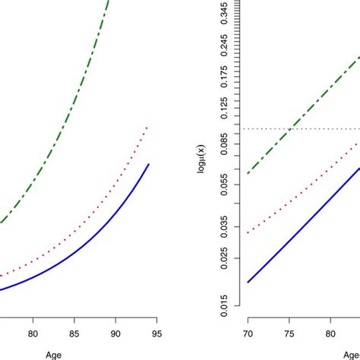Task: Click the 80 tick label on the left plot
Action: click(33, 332)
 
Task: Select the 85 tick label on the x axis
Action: click(74, 332)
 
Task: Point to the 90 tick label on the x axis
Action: click(115, 332)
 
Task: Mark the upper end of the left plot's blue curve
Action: click(147, 163)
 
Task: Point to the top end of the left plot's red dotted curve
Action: click(147, 127)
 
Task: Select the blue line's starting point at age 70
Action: click(248, 282)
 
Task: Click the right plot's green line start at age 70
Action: click(248, 174)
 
